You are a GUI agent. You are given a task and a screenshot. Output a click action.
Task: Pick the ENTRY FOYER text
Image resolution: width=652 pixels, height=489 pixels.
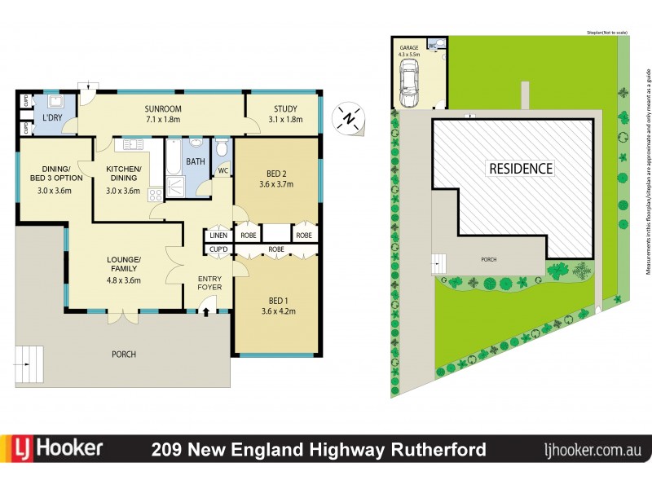(209, 283)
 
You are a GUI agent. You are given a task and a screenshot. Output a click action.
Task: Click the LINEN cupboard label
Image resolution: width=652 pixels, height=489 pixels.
(218, 235)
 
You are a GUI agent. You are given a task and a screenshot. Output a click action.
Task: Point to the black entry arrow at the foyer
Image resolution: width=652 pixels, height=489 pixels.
(206, 310)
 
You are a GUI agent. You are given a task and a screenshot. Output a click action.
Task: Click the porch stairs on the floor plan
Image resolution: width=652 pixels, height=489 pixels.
(30, 363)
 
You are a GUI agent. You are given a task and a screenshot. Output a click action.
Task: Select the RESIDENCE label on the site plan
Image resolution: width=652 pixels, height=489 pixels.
(520, 169)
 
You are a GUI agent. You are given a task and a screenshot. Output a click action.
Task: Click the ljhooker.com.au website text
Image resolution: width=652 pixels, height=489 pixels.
(593, 450)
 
